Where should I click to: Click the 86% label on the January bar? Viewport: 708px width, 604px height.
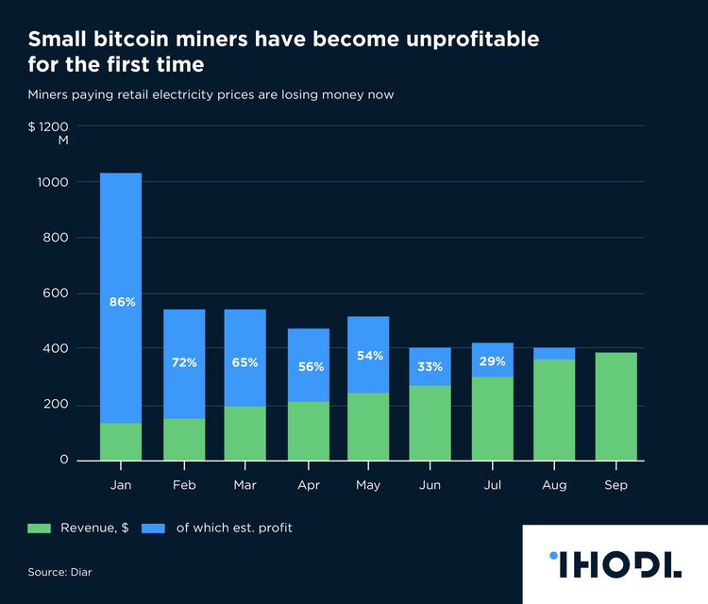(x=122, y=302)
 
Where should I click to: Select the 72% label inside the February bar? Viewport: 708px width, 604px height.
(x=183, y=362)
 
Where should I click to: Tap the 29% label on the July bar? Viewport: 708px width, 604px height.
(x=492, y=361)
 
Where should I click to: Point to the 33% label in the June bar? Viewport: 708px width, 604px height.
(x=430, y=366)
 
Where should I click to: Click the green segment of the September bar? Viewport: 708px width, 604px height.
(x=615, y=406)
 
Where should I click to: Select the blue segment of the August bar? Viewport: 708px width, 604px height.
(x=554, y=353)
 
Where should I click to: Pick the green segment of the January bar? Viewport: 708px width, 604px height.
(x=121, y=442)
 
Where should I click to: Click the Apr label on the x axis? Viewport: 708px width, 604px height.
(x=307, y=485)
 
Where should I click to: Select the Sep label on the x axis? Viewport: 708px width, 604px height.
(x=615, y=485)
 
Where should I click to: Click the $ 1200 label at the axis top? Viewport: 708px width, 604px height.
(x=48, y=126)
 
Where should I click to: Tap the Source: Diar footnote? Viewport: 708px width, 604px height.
(x=60, y=572)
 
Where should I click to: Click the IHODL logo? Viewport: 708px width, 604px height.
(x=615, y=563)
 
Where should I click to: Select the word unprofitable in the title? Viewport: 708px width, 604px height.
(x=459, y=40)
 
